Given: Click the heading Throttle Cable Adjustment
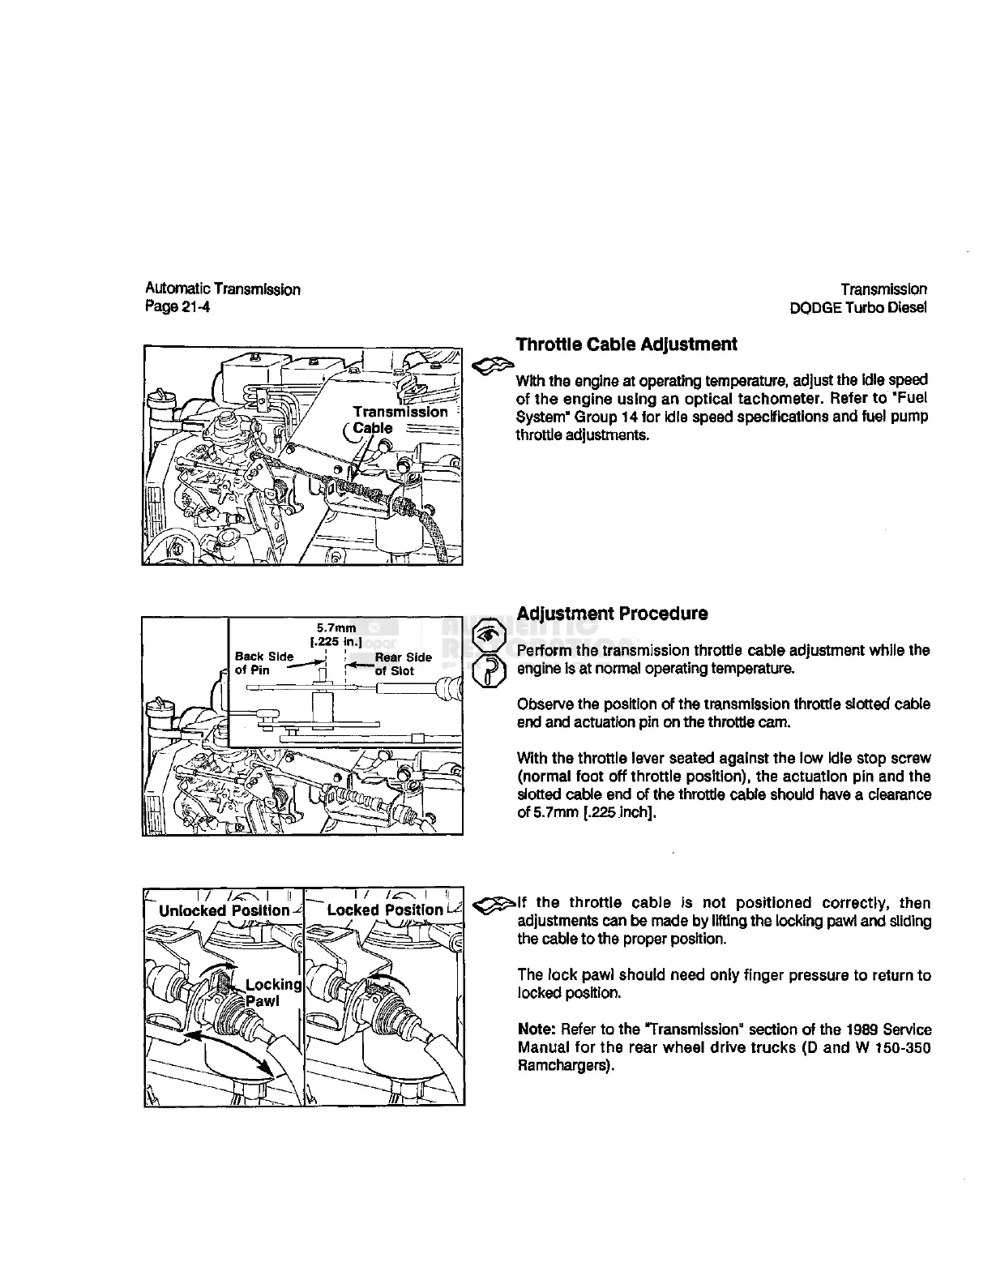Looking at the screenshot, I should pyautogui.click(x=626, y=345).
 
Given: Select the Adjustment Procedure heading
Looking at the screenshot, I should pyautogui.click(x=612, y=614).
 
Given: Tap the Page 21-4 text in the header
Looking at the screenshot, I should pyautogui.click(x=177, y=307).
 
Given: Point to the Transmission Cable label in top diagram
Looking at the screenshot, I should pyautogui.click(x=399, y=419).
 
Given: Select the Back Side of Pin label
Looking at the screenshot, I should pyautogui.click(x=263, y=663).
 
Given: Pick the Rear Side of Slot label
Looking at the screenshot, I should pyautogui.click(x=403, y=663).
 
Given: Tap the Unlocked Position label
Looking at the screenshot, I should pyautogui.click(x=224, y=909).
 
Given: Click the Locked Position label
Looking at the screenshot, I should pyautogui.click(x=385, y=909).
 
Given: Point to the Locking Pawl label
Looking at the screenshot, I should pyautogui.click(x=272, y=992).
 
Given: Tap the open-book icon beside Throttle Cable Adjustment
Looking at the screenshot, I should pyautogui.click(x=490, y=366).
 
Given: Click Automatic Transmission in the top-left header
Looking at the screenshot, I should pyautogui.click(x=223, y=289).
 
